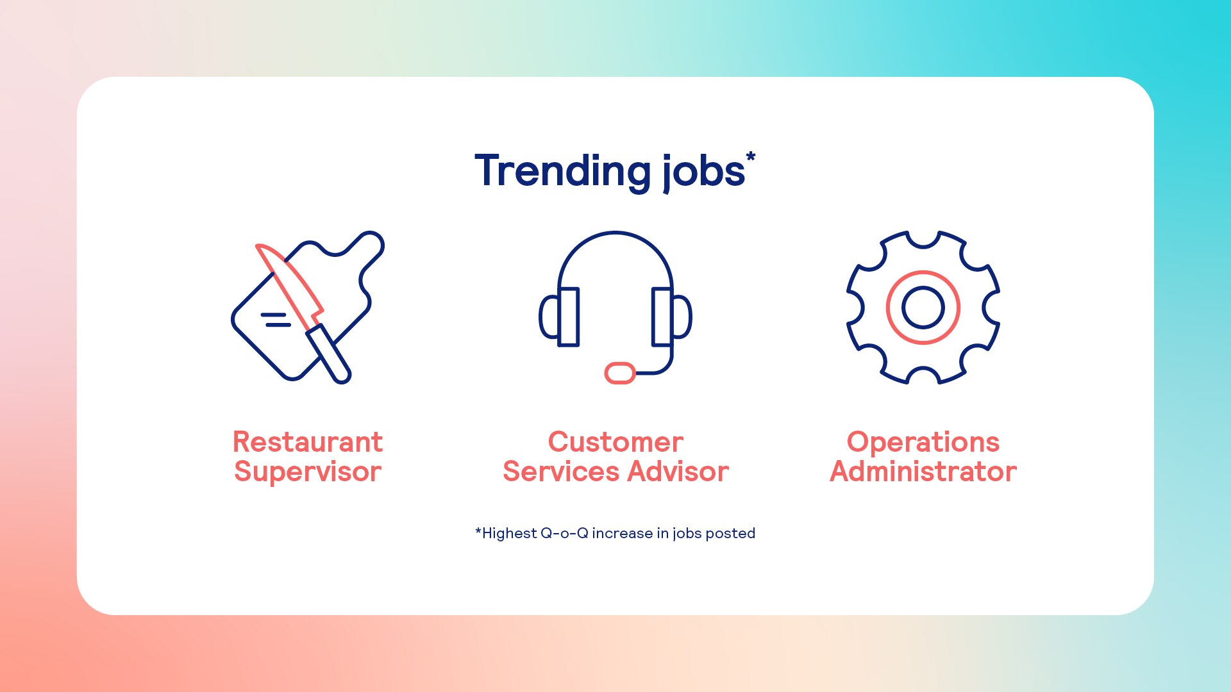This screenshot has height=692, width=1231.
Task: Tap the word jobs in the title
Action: pyautogui.click(x=703, y=172)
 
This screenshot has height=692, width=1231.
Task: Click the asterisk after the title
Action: pyautogui.click(x=751, y=157)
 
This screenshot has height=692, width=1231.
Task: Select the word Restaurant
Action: pyautogui.click(x=308, y=442)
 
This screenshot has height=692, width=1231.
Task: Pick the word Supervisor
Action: pyautogui.click(x=308, y=473)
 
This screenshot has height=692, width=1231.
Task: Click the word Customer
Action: pyautogui.click(x=615, y=442)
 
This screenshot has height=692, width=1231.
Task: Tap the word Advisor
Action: pyautogui.click(x=678, y=472)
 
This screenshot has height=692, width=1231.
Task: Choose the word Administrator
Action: pyautogui.click(x=923, y=472)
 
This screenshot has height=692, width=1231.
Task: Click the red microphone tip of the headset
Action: pyautogui.click(x=620, y=373)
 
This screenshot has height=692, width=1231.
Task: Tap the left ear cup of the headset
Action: pyautogui.click(x=560, y=317)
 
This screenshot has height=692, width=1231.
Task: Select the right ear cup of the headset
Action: pyautogui.click(x=672, y=317)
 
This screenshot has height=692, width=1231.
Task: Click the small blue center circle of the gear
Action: pyautogui.click(x=923, y=308)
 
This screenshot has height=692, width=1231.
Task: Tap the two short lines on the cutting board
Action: pyautogui.click(x=276, y=320)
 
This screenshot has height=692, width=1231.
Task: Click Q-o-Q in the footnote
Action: pyautogui.click(x=564, y=533)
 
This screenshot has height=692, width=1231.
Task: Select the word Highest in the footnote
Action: pyautogui.click(x=509, y=533)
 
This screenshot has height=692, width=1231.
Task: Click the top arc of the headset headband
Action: pyautogui.click(x=615, y=233)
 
